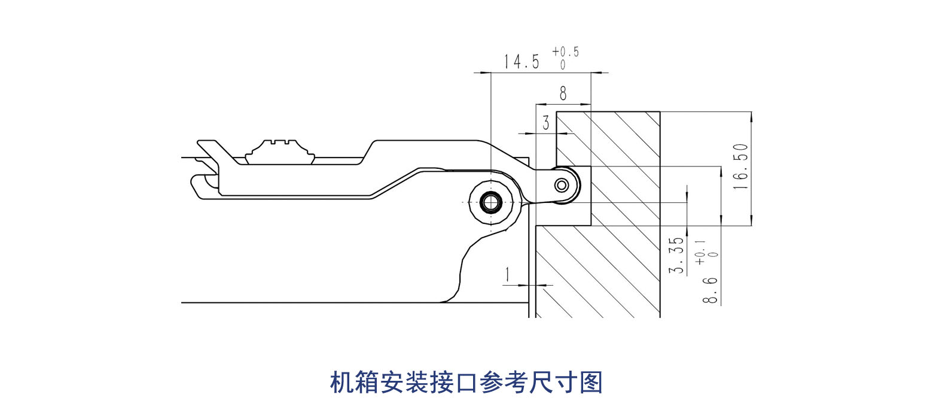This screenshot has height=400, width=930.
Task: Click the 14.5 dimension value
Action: pos(521,62)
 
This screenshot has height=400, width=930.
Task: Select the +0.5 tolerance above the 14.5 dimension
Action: pos(565,52)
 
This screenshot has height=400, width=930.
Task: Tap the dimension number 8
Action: pos(563,93)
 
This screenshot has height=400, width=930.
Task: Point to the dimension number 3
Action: pos(546,124)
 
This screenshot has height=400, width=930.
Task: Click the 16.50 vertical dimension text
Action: pos(740,167)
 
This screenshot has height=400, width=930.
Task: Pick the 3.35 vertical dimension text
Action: pos(676,254)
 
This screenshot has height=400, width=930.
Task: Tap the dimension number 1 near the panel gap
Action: pos(507,275)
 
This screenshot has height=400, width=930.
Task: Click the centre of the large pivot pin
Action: pos(491,203)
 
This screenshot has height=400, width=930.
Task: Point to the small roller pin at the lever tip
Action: pos(562,184)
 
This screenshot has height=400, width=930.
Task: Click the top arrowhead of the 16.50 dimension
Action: pos(752,115)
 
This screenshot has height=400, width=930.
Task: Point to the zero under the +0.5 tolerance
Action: pos(563,65)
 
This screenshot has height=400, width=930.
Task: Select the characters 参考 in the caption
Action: pos(504,383)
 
